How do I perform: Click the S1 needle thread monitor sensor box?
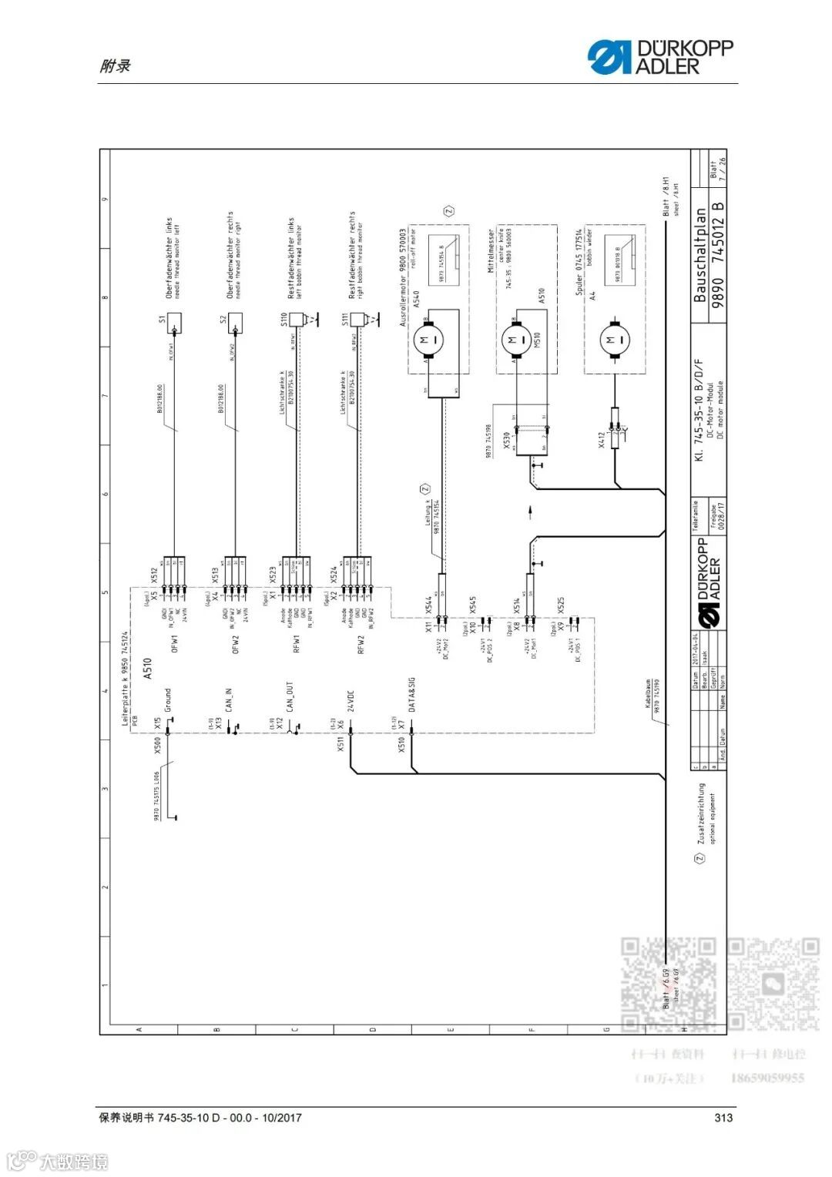174,323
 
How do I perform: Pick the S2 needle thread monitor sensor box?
234,323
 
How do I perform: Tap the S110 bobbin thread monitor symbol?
294,320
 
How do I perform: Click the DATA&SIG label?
412,695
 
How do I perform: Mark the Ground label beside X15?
168,701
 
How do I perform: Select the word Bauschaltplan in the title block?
699,255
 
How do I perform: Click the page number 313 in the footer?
723,1118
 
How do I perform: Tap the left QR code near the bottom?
669,984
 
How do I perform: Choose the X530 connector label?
506,440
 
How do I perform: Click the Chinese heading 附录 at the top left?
115,66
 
